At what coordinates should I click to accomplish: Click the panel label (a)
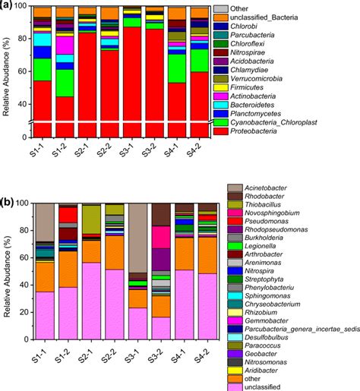point(8,7)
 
